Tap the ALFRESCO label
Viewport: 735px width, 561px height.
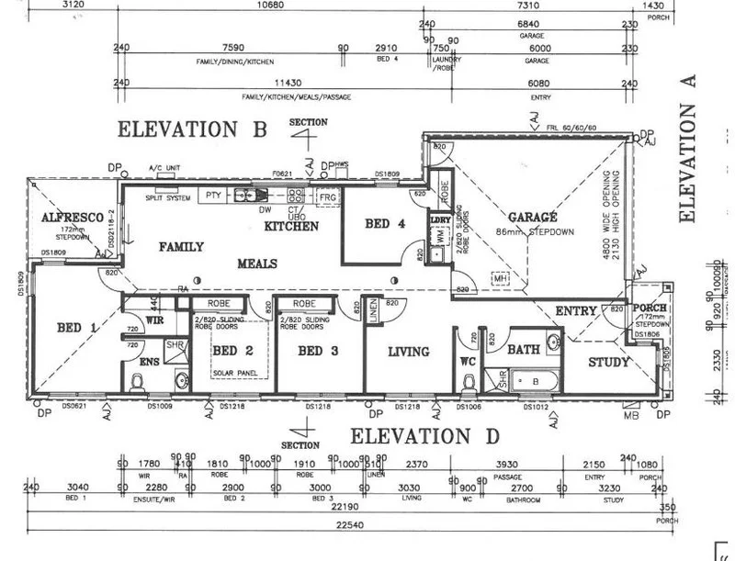[64, 217]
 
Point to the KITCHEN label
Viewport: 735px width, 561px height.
[291, 225]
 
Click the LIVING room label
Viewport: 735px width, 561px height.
[408, 352]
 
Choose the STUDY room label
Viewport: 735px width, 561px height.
[609, 362]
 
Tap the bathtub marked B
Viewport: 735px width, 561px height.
[536, 378]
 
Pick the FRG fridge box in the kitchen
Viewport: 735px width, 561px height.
[326, 197]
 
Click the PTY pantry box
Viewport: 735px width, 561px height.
[213, 195]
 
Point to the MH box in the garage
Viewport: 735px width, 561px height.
[501, 279]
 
